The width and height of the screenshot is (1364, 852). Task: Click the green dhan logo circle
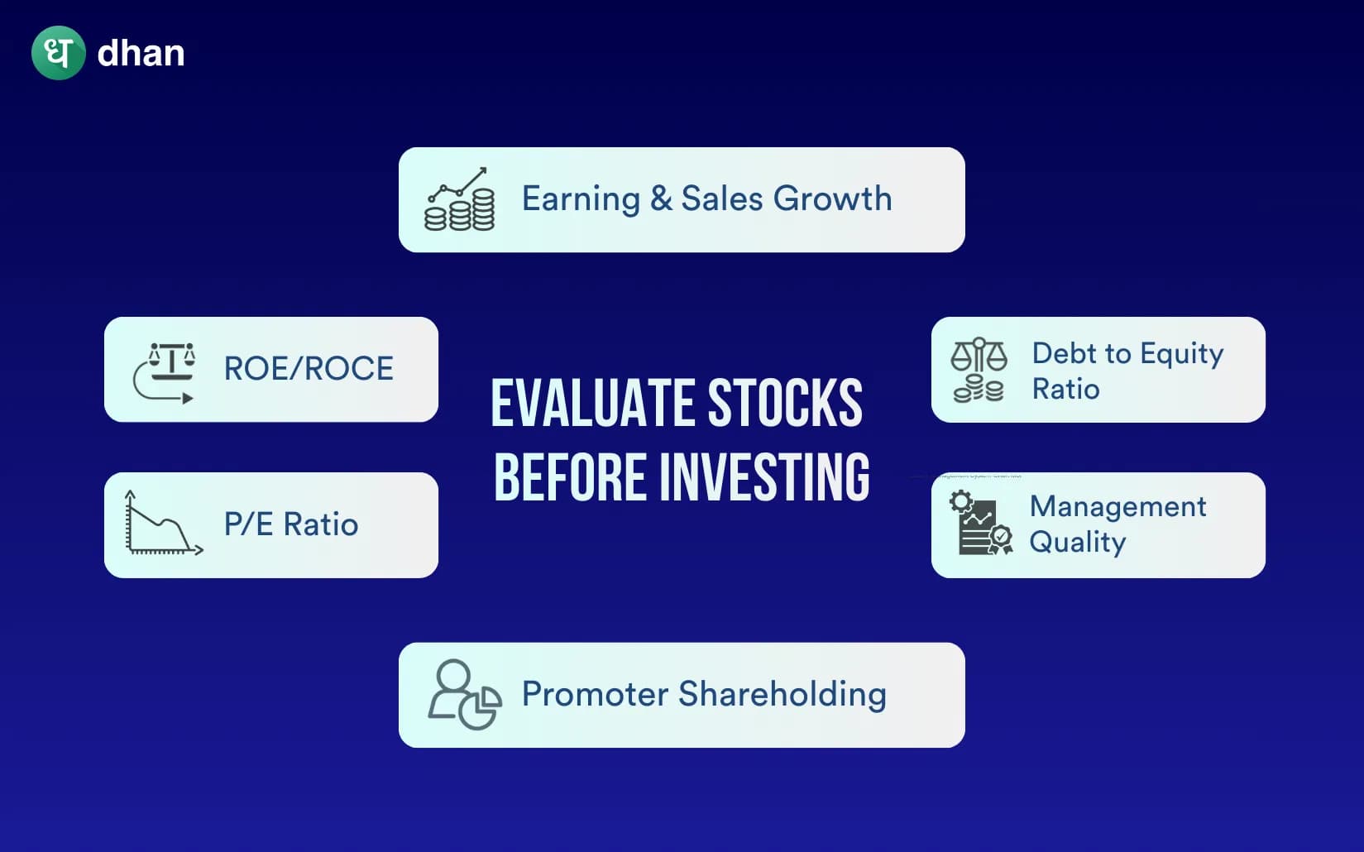[58, 53]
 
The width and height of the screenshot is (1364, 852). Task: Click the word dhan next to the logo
[141, 54]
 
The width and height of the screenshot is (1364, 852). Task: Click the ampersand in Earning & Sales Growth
[660, 199]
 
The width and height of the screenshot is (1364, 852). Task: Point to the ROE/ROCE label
[309, 369]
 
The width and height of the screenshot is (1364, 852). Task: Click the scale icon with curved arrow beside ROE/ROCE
[165, 372]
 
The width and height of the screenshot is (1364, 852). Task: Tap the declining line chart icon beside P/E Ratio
[162, 524]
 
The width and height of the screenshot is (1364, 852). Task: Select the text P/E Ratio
[291, 524]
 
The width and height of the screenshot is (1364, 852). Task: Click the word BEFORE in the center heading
[570, 478]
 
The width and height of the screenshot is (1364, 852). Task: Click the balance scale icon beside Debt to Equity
[979, 370]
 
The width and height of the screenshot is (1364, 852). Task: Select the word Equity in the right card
[1181, 354]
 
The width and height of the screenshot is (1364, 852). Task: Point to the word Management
[1118, 506]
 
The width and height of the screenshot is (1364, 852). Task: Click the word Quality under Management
[1077, 543]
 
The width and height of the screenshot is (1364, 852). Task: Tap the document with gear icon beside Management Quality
[981, 524]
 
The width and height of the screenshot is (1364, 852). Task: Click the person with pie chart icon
[463, 695]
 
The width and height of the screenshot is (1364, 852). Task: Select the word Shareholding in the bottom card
[782, 694]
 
